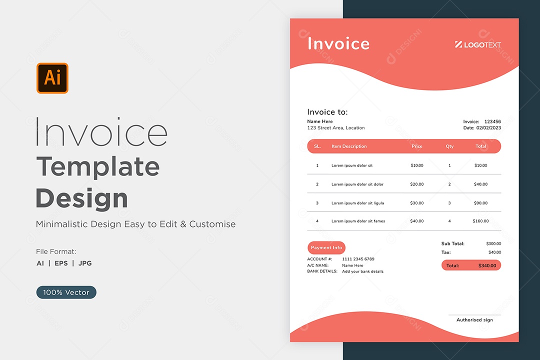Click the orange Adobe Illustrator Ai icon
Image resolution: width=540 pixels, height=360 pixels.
[52, 78]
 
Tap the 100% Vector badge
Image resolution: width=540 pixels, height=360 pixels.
[66, 292]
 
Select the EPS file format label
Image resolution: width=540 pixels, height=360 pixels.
[61, 263]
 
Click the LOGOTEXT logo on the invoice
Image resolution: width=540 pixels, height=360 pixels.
[478, 44]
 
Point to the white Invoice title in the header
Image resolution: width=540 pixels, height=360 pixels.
[338, 43]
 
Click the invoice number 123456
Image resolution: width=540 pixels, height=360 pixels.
[492, 121]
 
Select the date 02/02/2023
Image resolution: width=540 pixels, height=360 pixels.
[488, 128]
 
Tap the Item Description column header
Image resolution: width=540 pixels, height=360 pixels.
[349, 146]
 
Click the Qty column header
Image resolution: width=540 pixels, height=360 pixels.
[449, 146]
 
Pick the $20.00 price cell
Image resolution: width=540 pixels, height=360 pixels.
[416, 184]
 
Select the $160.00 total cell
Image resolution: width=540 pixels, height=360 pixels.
[480, 221]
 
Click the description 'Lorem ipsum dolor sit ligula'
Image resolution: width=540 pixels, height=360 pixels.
[357, 203]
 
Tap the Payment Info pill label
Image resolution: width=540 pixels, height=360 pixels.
[326, 247]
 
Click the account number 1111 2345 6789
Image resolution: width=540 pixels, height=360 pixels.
[358, 259]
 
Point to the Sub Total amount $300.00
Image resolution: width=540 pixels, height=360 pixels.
[493, 243]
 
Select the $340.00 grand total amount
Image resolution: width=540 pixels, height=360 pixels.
[487, 265]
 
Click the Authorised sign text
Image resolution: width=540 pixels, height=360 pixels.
[474, 320]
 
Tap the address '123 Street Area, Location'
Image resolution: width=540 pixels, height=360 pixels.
[336, 128]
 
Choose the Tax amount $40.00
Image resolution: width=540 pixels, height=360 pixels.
[494, 252]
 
